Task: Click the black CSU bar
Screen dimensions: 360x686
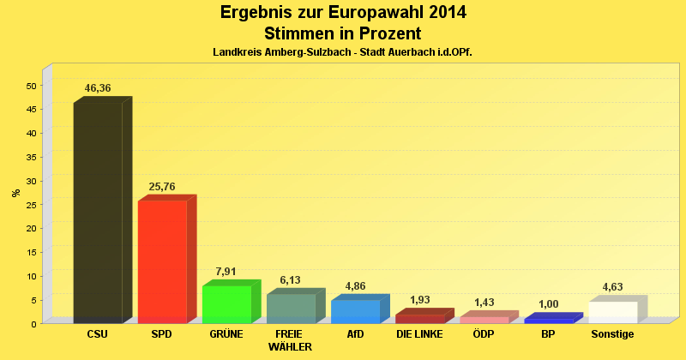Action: [98, 213]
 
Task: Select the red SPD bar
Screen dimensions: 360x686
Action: [162, 261]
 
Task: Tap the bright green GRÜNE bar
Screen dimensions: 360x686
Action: [226, 303]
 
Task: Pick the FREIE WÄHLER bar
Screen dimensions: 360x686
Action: [291, 308]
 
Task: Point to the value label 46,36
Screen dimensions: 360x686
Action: [98, 88]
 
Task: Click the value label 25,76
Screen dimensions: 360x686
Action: [162, 186]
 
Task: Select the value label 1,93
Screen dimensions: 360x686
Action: [419, 299]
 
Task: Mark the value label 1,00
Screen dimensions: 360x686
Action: [548, 303]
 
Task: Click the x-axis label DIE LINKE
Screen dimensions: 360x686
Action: [419, 333]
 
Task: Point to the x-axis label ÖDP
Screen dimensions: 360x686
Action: [484, 333]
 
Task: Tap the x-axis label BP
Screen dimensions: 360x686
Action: [548, 333]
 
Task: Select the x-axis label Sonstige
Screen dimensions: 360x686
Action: [612, 333]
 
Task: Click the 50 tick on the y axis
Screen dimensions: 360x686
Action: [31, 86]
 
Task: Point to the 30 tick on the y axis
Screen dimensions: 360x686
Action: [31, 181]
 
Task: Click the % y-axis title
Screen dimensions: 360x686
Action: [16, 192]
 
